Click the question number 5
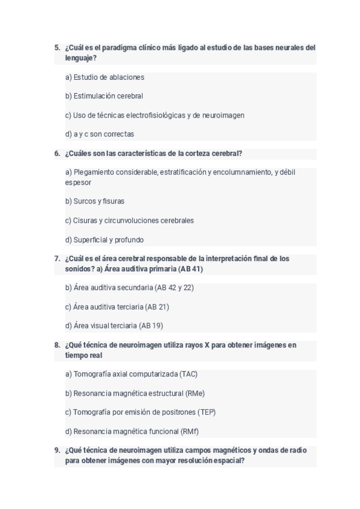(57, 47)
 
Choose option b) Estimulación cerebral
(104, 96)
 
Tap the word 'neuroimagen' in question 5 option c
(223, 115)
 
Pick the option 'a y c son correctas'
(99, 134)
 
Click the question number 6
(57, 154)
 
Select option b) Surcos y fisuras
(95, 202)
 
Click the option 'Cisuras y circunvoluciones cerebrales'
(129, 221)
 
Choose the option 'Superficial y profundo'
(104, 240)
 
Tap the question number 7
(57, 259)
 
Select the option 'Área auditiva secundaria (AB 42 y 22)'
(129, 288)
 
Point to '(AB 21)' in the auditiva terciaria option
(157, 307)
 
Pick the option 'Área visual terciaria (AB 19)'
(114, 326)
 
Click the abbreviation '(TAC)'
(188, 375)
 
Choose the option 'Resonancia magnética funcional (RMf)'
(131, 432)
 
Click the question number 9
(57, 450)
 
